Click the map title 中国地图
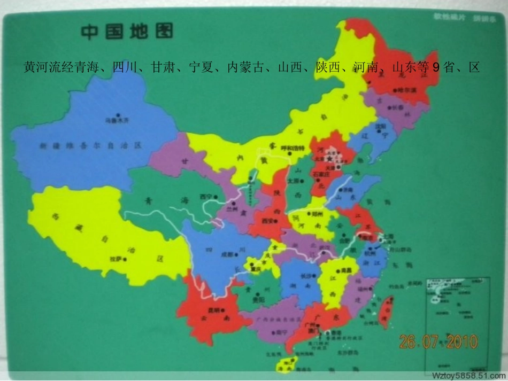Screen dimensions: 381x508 [127, 32]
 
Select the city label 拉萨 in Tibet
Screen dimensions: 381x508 [116, 260]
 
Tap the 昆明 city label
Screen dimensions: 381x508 [213, 310]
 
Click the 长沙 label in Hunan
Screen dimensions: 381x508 [306, 276]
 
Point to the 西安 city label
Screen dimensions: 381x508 [268, 220]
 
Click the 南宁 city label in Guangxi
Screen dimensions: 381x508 [280, 332]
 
